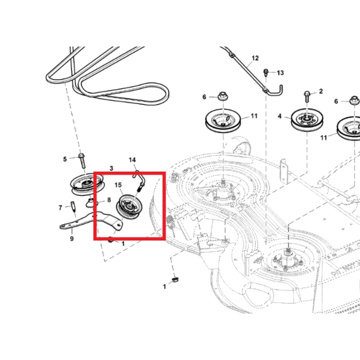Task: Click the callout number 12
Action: pos(255,58)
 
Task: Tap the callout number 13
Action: pos(280,73)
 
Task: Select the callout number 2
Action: pos(321,91)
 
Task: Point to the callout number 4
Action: pos(279,116)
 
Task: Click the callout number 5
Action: pos(65,159)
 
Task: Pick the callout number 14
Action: pos(132,160)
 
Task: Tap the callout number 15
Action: pos(118,185)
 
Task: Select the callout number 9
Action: pos(72,239)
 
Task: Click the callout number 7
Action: pos(60,208)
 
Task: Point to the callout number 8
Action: pos(109,200)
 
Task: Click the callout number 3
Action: pos(111,168)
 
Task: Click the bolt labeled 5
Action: pos(82,161)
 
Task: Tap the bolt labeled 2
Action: pos(307,96)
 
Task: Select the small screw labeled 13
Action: pos(266,73)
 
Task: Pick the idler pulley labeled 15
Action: pos(130,207)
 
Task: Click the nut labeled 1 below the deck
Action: pos(176,280)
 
